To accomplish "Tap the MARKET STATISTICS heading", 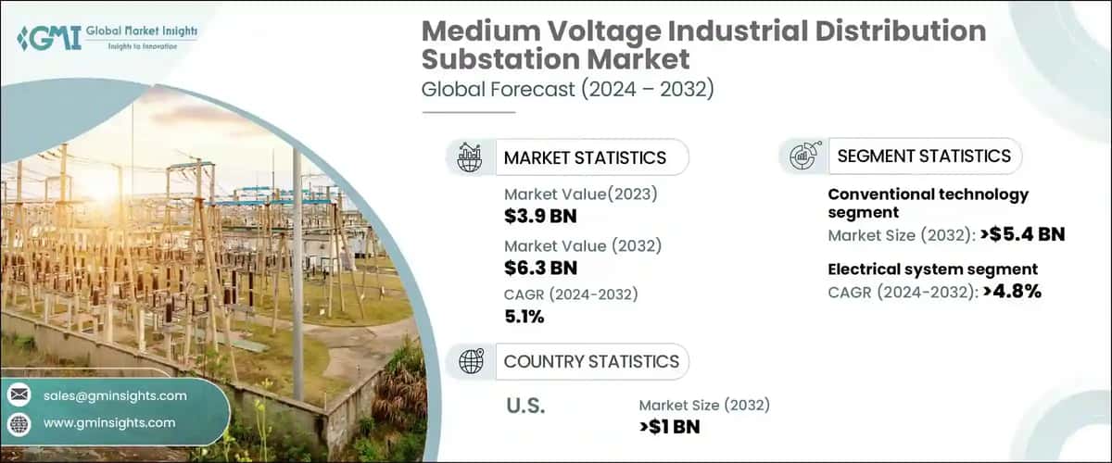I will (x=584, y=157).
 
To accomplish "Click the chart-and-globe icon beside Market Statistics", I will (x=470, y=157).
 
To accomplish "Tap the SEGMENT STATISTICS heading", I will (x=924, y=156).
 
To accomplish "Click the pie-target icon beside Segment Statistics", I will (x=802, y=156).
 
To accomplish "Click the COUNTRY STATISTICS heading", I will (x=590, y=361).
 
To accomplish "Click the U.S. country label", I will (x=524, y=406).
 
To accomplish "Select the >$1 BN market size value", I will (x=669, y=427).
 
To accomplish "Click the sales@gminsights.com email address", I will (x=115, y=395).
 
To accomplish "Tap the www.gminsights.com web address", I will (x=109, y=422).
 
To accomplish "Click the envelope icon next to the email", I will (x=19, y=395).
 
